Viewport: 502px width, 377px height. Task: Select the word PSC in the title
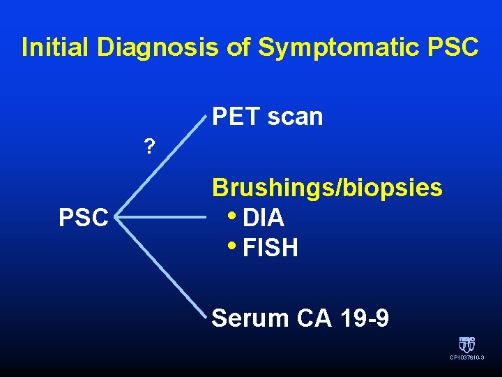[454, 47]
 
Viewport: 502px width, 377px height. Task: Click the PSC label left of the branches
[84, 218]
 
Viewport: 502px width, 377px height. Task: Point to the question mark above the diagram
[149, 146]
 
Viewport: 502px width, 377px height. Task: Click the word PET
[236, 117]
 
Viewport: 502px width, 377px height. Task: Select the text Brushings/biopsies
[327, 187]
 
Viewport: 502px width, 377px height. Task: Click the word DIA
[264, 218]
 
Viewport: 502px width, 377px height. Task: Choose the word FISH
[271, 248]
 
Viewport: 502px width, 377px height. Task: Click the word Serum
[250, 318]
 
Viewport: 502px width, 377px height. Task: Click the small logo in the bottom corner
[466, 344]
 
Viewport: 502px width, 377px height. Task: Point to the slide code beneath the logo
[466, 357]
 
